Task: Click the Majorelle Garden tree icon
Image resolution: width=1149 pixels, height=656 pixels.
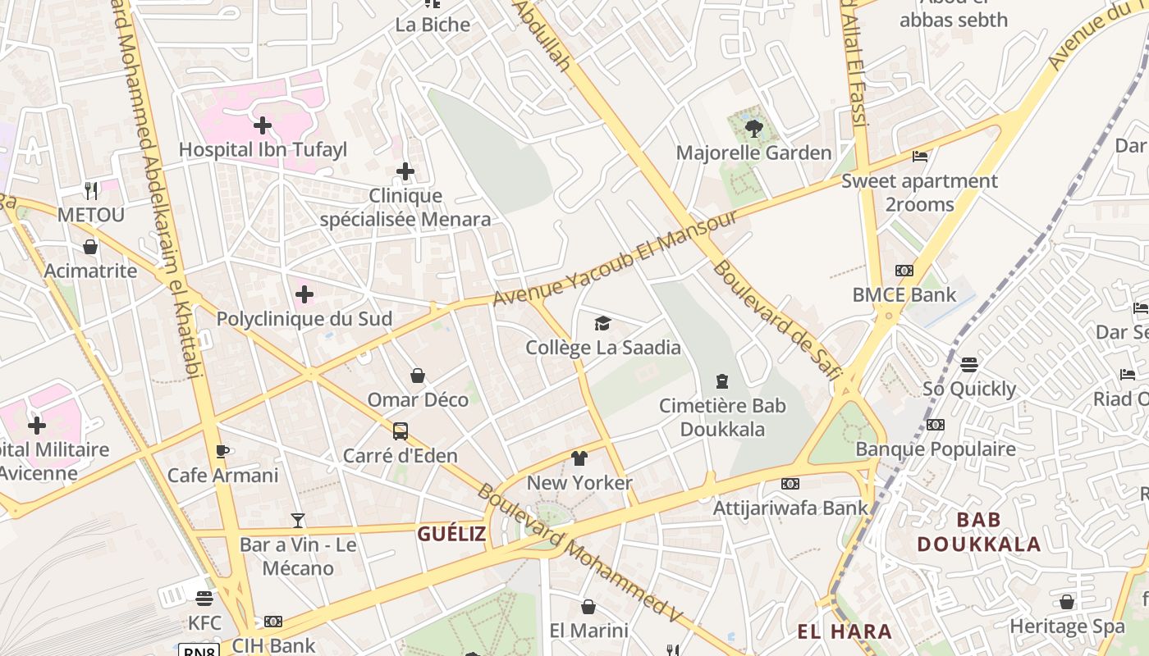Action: [x=754, y=129]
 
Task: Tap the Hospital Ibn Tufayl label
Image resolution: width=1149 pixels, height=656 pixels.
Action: [x=263, y=149]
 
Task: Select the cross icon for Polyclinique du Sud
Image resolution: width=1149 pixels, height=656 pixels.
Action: [x=304, y=294]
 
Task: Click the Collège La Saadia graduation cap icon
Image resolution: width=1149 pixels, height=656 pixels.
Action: [x=603, y=323]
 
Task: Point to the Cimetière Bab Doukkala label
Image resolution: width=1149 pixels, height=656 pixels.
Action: [x=722, y=417]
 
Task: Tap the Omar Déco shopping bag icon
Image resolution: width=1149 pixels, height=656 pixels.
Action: [x=418, y=376]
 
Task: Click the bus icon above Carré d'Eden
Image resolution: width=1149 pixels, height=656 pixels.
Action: [x=400, y=431]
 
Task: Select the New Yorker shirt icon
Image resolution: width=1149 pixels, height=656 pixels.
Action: [x=579, y=458]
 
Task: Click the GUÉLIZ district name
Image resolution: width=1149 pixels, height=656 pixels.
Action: [x=451, y=535]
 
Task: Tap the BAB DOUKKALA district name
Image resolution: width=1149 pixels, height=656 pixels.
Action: [x=978, y=531]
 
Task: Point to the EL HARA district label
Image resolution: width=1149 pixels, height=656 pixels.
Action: [x=845, y=631]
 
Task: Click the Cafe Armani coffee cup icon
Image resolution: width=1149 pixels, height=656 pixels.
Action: [x=222, y=451]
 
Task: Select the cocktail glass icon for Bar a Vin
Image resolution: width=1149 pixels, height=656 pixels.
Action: [x=297, y=521]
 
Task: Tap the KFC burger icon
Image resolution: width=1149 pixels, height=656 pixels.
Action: [x=204, y=599]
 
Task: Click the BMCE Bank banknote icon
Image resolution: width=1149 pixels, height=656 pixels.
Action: [x=904, y=271]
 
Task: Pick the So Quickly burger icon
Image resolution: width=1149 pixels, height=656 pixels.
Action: [x=969, y=364]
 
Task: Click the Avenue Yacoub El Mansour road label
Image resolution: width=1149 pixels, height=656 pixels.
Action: [x=616, y=257]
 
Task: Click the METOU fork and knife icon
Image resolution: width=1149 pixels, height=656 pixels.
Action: [x=91, y=190]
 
